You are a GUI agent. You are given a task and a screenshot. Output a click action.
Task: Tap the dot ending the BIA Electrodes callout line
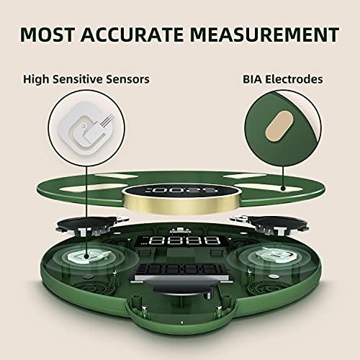(x=284, y=191)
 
